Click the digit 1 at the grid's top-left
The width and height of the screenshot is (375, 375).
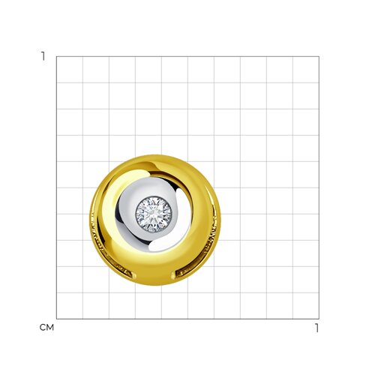click(x=43, y=56)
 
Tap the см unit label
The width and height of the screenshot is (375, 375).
click(x=46, y=328)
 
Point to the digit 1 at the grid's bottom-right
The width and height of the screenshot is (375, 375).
click(x=317, y=328)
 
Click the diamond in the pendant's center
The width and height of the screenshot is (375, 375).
click(x=154, y=214)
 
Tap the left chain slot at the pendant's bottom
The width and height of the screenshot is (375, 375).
click(x=123, y=272)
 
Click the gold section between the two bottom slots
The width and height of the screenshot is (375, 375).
click(x=154, y=277)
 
